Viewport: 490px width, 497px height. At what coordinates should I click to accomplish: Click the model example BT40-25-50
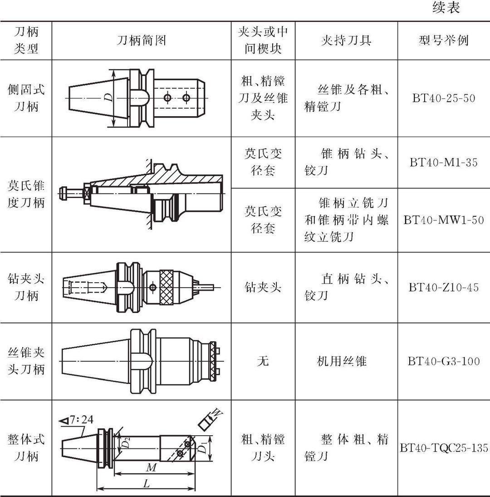tap(444, 98)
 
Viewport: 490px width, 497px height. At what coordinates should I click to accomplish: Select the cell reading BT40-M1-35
tap(444, 162)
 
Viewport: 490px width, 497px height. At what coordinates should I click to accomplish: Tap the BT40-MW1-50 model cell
tap(444, 220)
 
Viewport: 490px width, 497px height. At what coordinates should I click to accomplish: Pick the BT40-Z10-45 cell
tap(444, 288)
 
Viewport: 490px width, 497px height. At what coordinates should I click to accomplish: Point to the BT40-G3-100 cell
tap(444, 362)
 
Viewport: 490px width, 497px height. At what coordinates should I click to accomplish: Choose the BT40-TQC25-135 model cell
tap(444, 448)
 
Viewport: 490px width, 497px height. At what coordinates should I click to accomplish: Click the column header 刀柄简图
tap(142, 41)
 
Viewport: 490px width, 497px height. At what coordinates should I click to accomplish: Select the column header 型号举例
tap(443, 41)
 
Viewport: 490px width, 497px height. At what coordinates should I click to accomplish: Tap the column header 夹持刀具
tap(346, 41)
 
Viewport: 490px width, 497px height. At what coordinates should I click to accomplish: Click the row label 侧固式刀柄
tap(26, 98)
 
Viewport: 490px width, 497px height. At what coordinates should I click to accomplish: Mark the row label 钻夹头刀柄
tap(26, 288)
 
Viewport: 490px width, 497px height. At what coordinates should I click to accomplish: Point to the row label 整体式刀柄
tap(26, 448)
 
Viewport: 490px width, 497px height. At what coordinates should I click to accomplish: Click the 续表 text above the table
tap(446, 8)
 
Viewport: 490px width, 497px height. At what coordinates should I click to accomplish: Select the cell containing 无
tap(263, 362)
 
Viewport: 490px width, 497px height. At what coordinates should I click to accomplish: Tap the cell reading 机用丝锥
tap(342, 362)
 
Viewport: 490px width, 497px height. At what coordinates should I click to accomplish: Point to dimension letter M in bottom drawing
tap(149, 467)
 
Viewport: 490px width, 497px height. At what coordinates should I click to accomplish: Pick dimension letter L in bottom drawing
tap(146, 484)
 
